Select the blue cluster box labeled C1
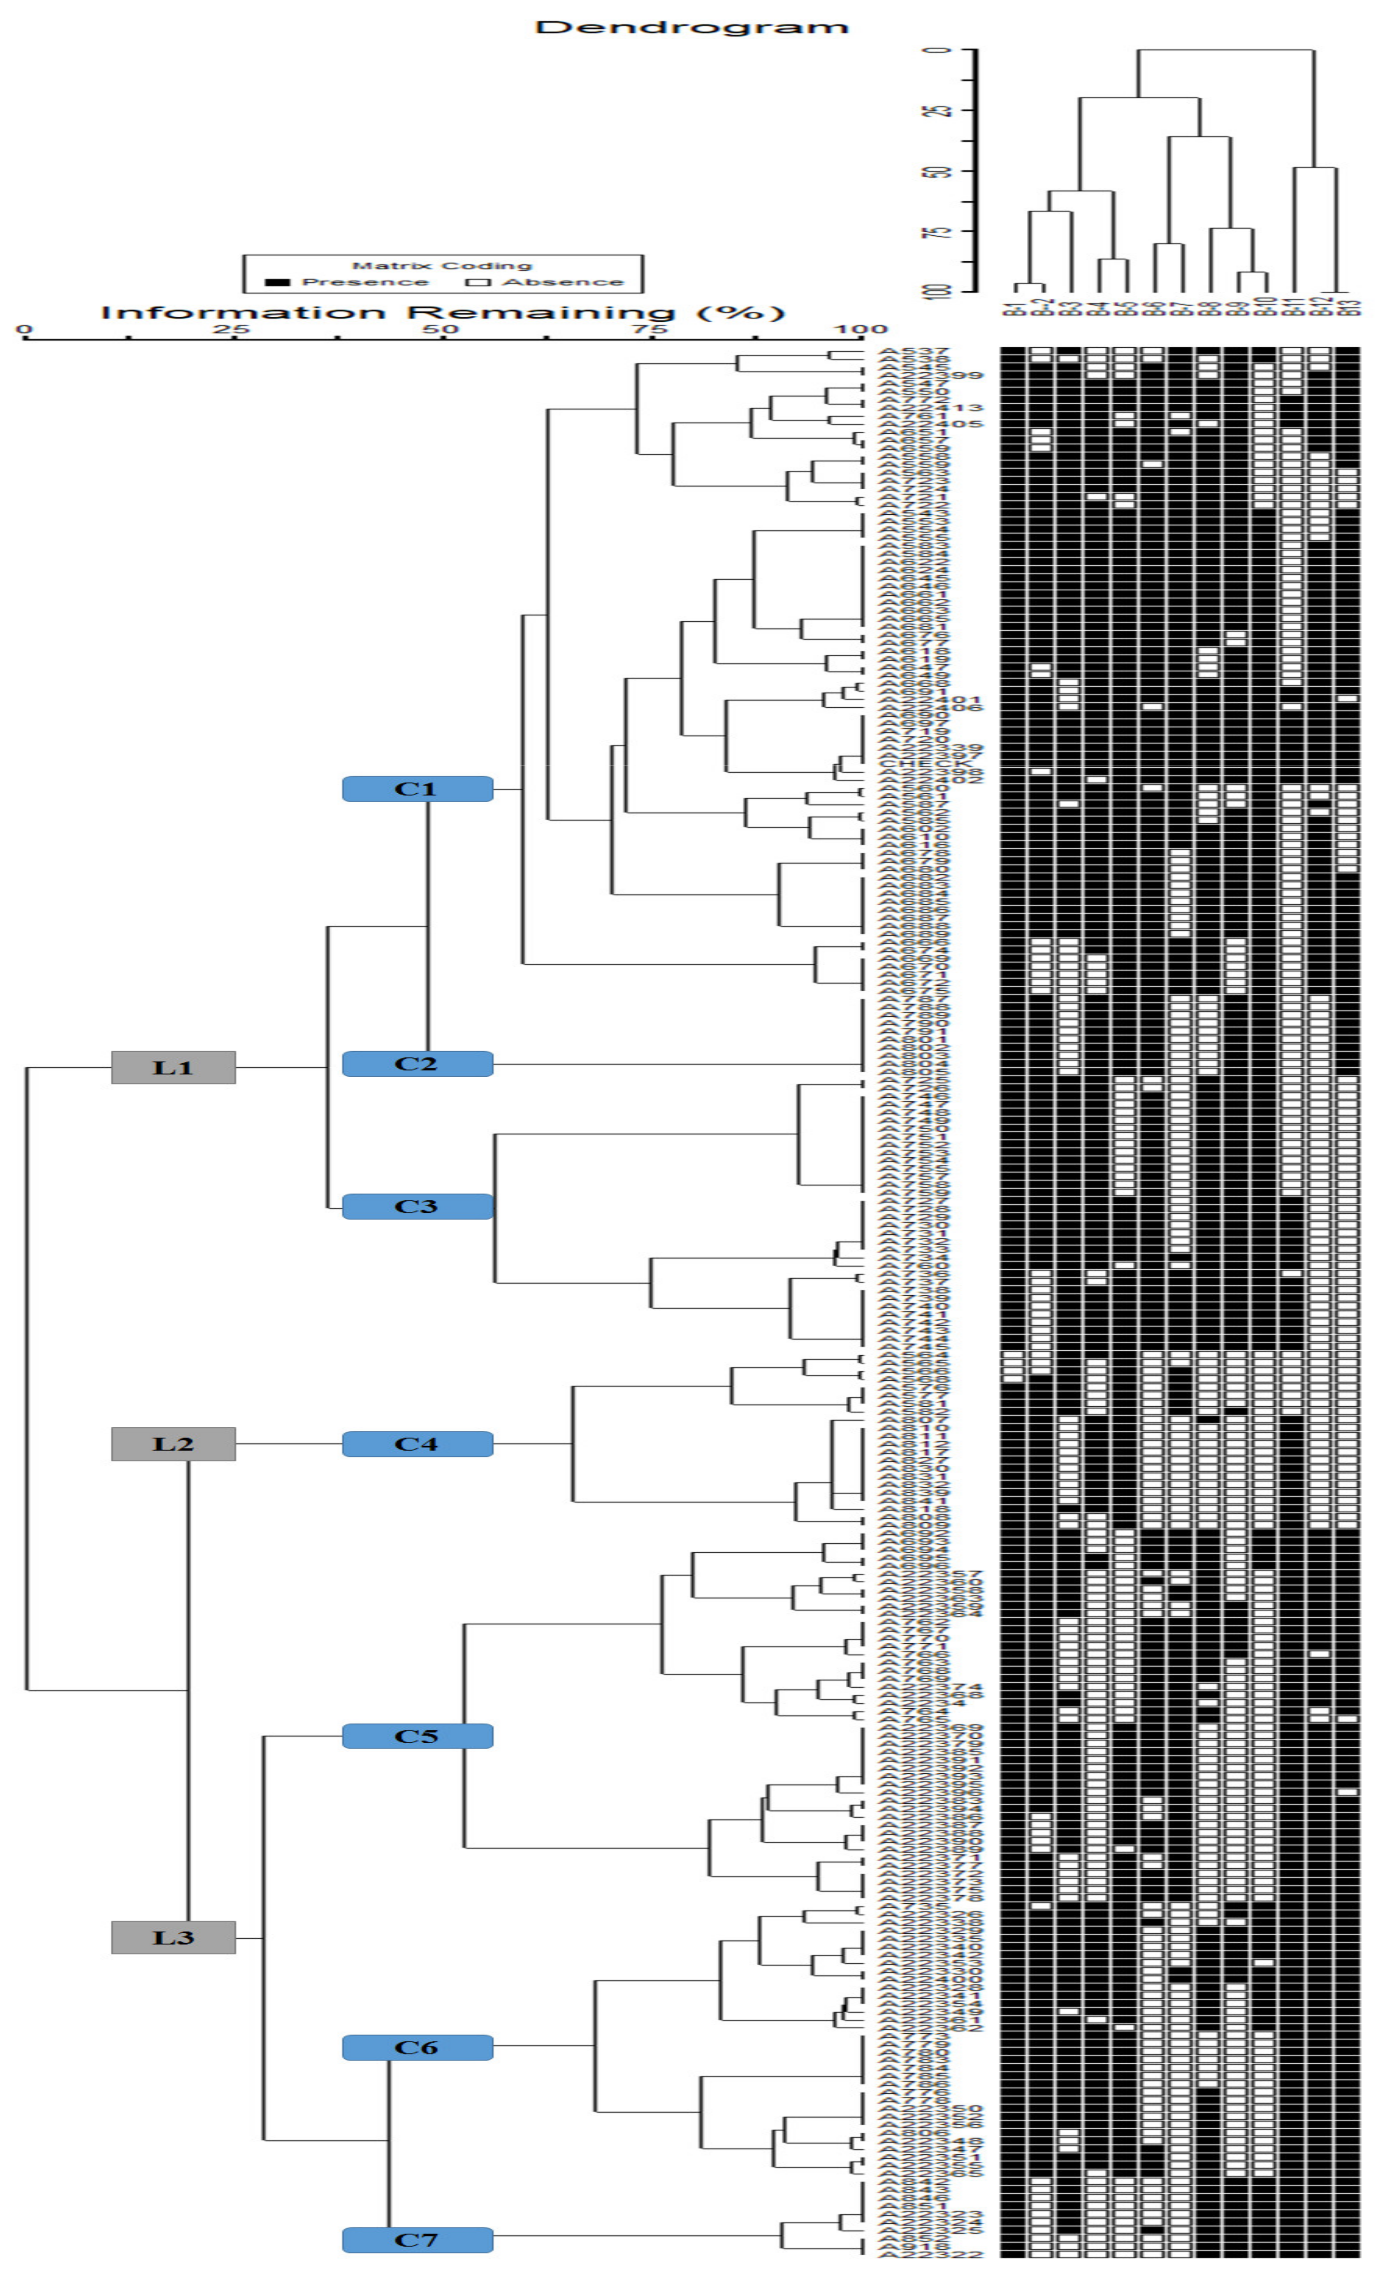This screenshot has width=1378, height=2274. tap(417, 789)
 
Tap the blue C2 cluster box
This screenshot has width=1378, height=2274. tap(417, 1064)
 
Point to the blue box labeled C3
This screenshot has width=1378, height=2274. tap(417, 1206)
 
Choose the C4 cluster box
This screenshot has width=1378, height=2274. tap(417, 1444)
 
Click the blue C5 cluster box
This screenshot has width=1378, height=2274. tap(417, 1736)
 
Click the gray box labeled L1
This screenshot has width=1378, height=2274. tap(174, 1068)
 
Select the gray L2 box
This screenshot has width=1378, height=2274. tap(174, 1444)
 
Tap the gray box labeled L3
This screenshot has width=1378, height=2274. tap(174, 1937)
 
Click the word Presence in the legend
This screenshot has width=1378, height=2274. tap(366, 282)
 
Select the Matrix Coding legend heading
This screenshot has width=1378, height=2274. tap(442, 266)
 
